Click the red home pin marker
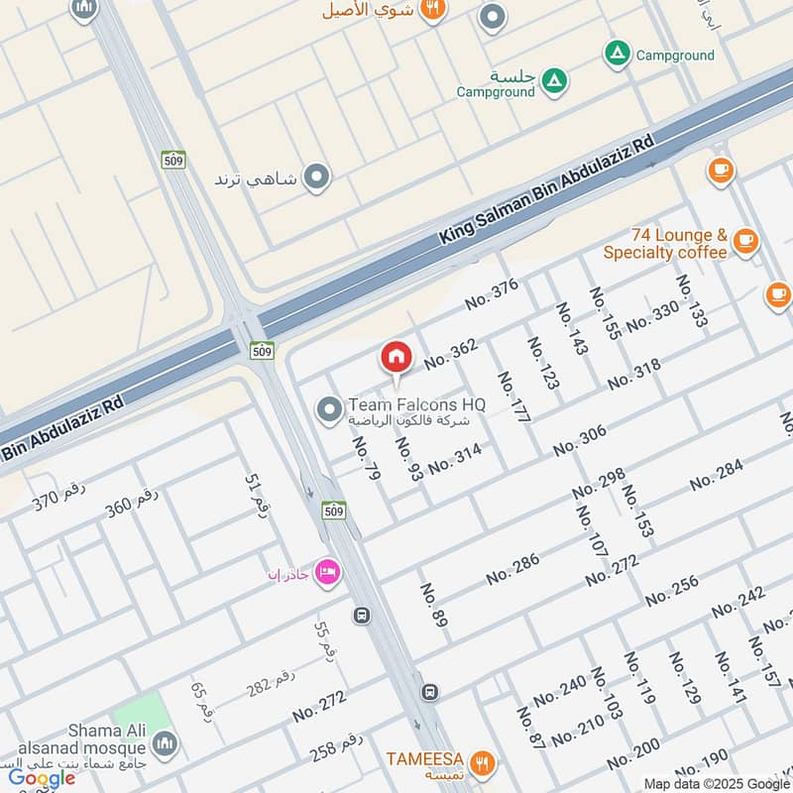(x=396, y=358)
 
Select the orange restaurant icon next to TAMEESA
(x=482, y=762)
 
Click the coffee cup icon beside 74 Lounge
(x=745, y=239)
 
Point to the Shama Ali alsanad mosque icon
(x=165, y=741)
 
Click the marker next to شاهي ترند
(x=316, y=177)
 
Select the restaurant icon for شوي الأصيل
(x=431, y=10)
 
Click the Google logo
(x=42, y=777)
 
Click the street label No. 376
(x=492, y=293)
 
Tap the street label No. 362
(x=451, y=354)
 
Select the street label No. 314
(x=454, y=458)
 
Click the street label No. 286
(x=512, y=569)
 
